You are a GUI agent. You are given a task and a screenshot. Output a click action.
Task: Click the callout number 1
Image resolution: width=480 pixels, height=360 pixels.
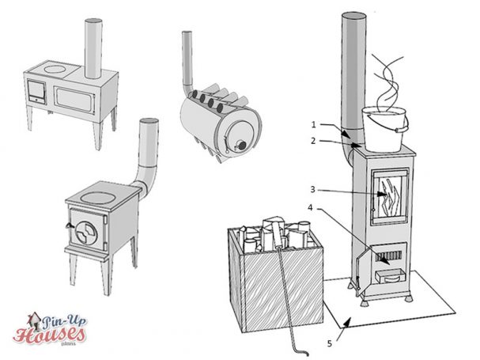click(313, 125)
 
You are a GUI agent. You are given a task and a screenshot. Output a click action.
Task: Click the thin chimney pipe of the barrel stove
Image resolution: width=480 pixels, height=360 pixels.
click(188, 55)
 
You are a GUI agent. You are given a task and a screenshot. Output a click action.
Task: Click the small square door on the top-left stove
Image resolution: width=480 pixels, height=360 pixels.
click(36, 91)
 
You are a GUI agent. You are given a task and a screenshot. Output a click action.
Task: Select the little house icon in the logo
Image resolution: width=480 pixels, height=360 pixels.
click(32, 319)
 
